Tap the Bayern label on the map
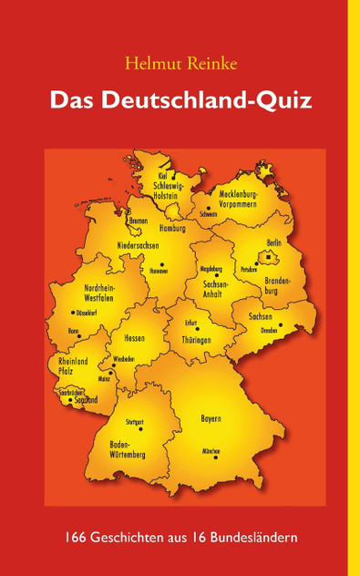pos(211,418)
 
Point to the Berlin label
pos(273,242)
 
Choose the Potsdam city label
pos(249,271)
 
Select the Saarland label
pos(85,398)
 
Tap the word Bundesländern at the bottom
pos(260,539)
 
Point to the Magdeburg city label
pos(210,269)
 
